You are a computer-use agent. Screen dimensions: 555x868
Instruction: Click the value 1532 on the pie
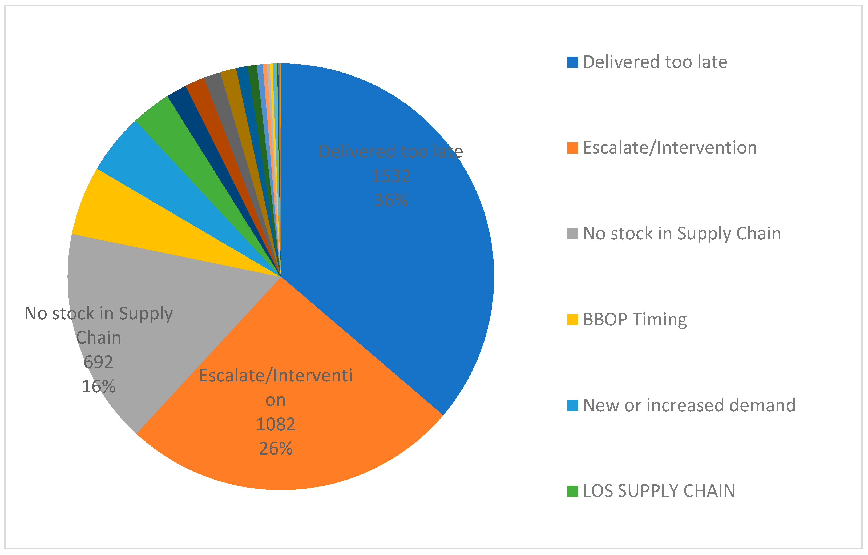(x=391, y=176)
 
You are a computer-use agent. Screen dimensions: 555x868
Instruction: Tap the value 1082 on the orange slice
(x=276, y=424)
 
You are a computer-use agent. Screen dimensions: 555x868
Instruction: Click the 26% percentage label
(x=276, y=449)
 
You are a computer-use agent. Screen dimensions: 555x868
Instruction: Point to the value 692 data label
(x=98, y=362)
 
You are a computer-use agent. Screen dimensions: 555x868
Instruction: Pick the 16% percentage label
(x=98, y=387)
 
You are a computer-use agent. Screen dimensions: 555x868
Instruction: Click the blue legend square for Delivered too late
(x=572, y=62)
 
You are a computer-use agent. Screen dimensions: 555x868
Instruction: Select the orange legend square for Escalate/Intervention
(x=572, y=148)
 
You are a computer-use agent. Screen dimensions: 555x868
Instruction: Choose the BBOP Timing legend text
(x=635, y=320)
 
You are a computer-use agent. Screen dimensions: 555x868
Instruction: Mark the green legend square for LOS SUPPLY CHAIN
(x=572, y=491)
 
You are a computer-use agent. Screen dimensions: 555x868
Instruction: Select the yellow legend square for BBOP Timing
(x=572, y=320)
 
